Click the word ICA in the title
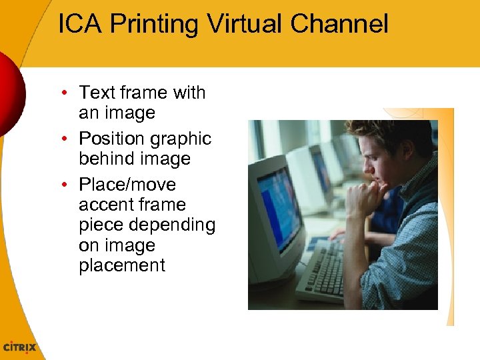pos(81,24)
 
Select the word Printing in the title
pos(155,25)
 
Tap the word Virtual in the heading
pos(246,24)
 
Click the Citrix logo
pos(20,347)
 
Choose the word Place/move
pos(127,185)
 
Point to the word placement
pos(122,265)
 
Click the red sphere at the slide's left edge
pos(10,93)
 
